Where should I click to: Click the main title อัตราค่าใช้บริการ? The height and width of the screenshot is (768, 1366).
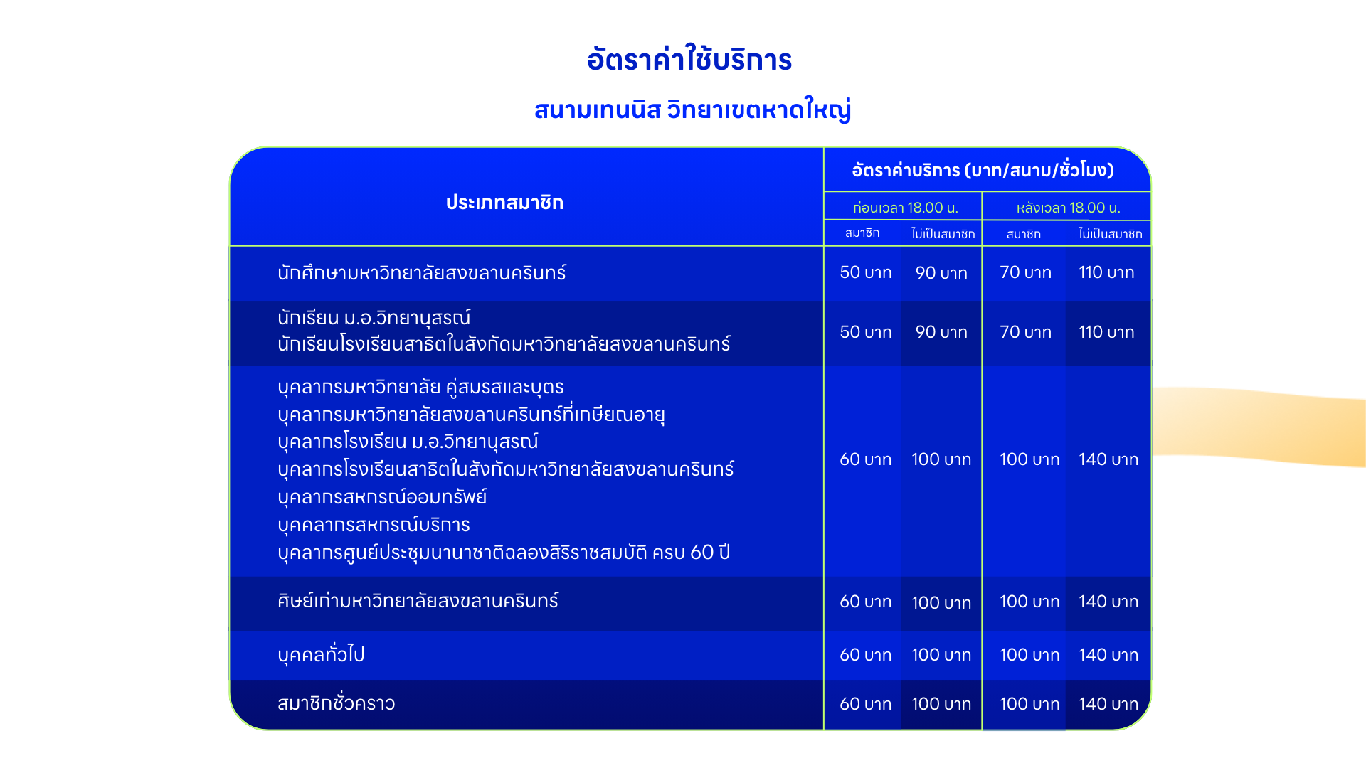coord(689,59)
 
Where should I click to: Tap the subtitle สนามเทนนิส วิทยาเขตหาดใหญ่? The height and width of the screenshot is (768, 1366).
coord(692,110)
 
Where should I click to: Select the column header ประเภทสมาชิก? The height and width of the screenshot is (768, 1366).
coord(504,203)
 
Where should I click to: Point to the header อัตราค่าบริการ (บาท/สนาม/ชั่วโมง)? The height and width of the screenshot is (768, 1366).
coord(983,170)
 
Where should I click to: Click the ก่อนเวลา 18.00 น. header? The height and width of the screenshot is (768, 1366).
coord(906,208)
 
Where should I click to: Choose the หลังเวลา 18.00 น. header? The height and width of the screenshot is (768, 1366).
coord(1068,208)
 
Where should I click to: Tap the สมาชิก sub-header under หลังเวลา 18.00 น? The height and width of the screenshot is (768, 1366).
coord(1023,234)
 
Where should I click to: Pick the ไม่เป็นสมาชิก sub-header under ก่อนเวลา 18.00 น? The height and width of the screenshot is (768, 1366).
coord(943,233)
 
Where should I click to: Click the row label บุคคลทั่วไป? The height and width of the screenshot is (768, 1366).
coord(321,655)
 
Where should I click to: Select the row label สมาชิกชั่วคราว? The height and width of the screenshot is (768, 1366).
coord(336,703)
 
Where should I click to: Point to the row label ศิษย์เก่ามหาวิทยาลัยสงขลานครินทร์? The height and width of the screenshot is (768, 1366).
coord(418,601)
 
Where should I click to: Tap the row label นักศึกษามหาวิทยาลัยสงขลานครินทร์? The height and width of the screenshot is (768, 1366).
coord(422,272)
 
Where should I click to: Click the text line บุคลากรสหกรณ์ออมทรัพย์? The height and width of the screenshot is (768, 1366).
coord(382,496)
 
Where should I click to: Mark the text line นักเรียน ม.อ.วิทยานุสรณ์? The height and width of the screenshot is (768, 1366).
coord(374,318)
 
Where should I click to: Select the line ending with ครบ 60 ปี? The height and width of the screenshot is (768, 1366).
coord(504,553)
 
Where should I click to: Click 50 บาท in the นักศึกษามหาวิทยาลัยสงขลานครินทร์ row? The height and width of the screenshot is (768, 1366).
coord(865,272)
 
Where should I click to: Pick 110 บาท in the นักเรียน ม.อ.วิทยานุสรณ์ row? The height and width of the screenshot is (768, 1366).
coord(1106,332)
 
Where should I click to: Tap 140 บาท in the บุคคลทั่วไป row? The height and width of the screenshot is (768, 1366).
coord(1108,655)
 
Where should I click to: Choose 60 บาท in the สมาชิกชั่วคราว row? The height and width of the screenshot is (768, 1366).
coord(865,704)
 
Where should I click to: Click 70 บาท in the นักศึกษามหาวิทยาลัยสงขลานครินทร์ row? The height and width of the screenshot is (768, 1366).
coord(1025,272)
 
